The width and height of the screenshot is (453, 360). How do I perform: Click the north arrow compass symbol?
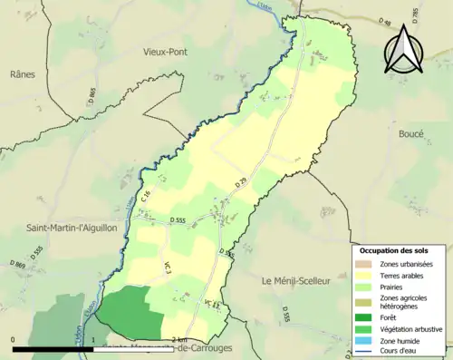pyautogui.click(x=405, y=50)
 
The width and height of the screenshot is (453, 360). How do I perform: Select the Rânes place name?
pyautogui.click(x=23, y=74)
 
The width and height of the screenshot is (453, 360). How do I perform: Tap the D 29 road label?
pyautogui.click(x=241, y=183)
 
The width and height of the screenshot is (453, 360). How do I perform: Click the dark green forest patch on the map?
pyautogui.click(x=127, y=313)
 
